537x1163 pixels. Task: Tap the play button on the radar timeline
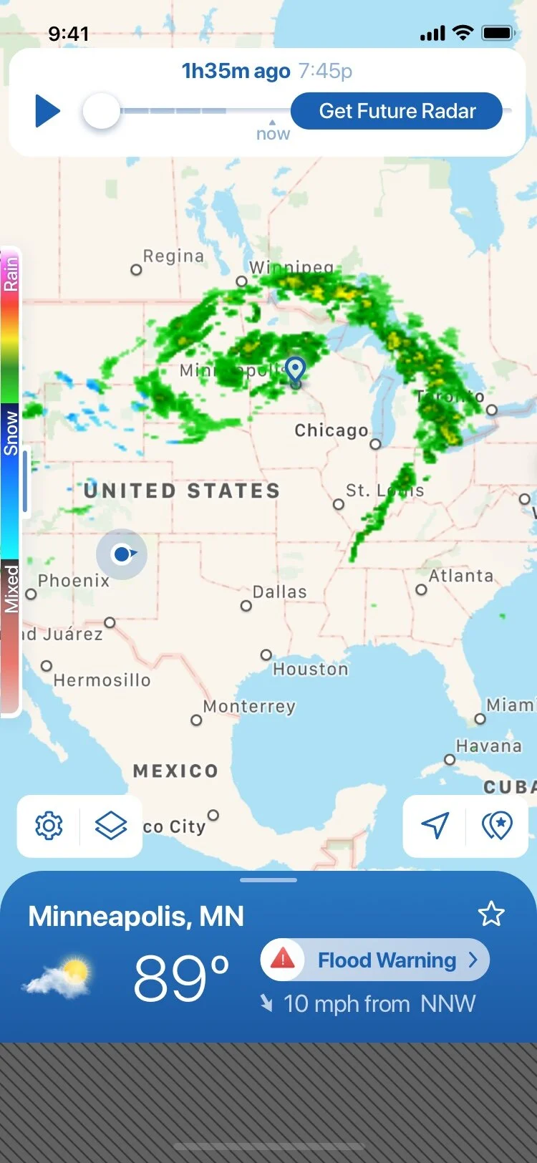[x=47, y=112]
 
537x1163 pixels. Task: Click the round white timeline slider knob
[x=101, y=112]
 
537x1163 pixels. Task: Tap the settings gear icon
[x=49, y=826]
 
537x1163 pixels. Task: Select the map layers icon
[x=111, y=826]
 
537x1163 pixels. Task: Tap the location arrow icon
[x=435, y=826]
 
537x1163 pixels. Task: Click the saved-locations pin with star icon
[x=497, y=826]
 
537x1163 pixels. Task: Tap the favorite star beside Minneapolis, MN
[x=491, y=915]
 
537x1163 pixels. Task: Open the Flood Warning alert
[x=387, y=960]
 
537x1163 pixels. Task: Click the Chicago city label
[x=332, y=430]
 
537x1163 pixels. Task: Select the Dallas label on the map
[x=279, y=592]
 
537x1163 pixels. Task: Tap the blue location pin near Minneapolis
[x=295, y=370]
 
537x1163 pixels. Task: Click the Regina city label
[x=173, y=256]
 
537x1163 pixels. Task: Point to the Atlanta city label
[x=461, y=576]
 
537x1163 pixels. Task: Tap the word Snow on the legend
[x=11, y=433]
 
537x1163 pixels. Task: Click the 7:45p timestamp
[x=326, y=71]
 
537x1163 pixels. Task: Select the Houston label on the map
[x=310, y=669]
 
